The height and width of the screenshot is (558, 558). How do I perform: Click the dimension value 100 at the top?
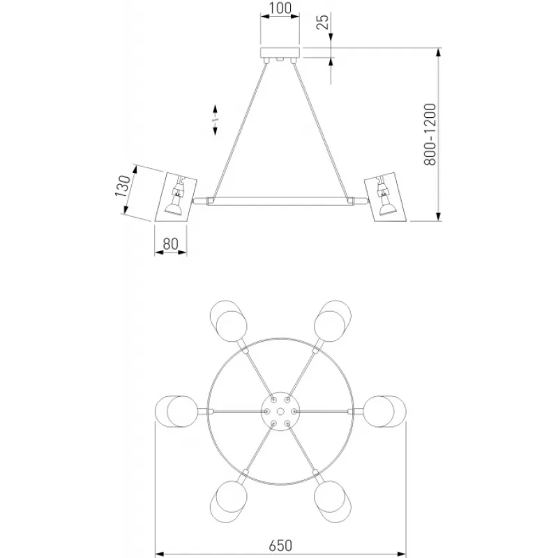pyautogui.click(x=280, y=8)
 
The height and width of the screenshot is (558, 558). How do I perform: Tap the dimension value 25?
pyautogui.click(x=323, y=22)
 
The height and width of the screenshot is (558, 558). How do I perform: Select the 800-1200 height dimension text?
pyautogui.click(x=430, y=134)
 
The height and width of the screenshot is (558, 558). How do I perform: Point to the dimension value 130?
pyautogui.click(x=123, y=186)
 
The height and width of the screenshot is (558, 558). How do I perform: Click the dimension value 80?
pyautogui.click(x=170, y=243)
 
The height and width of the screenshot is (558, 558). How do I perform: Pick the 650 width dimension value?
pyautogui.click(x=280, y=545)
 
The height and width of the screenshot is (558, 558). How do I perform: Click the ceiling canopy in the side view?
pyautogui.click(x=280, y=53)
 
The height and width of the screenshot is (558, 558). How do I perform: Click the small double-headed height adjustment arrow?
pyautogui.click(x=215, y=120)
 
